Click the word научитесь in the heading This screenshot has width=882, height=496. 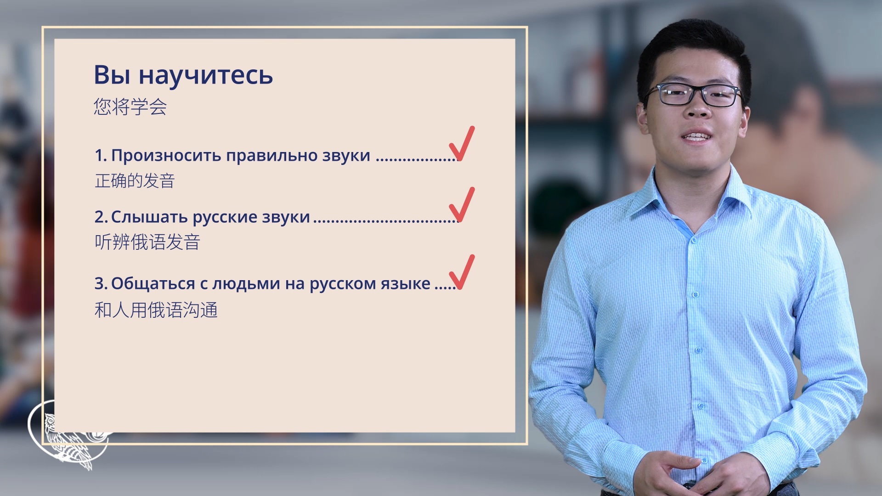tap(206, 75)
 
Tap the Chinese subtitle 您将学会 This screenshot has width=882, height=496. tap(130, 107)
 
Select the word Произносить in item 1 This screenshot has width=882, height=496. tap(166, 156)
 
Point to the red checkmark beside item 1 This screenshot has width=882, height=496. tap(461, 144)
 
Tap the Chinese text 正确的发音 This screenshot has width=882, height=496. tap(135, 181)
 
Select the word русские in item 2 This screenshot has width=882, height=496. tap(225, 217)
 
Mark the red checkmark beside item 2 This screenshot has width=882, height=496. tap(461, 205)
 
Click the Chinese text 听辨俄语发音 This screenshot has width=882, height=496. tap(147, 242)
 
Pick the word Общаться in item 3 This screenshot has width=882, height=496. tap(153, 284)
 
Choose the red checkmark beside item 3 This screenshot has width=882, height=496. tap(461, 272)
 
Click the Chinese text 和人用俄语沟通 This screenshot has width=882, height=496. tap(156, 310)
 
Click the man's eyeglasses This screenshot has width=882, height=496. tap(693, 95)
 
